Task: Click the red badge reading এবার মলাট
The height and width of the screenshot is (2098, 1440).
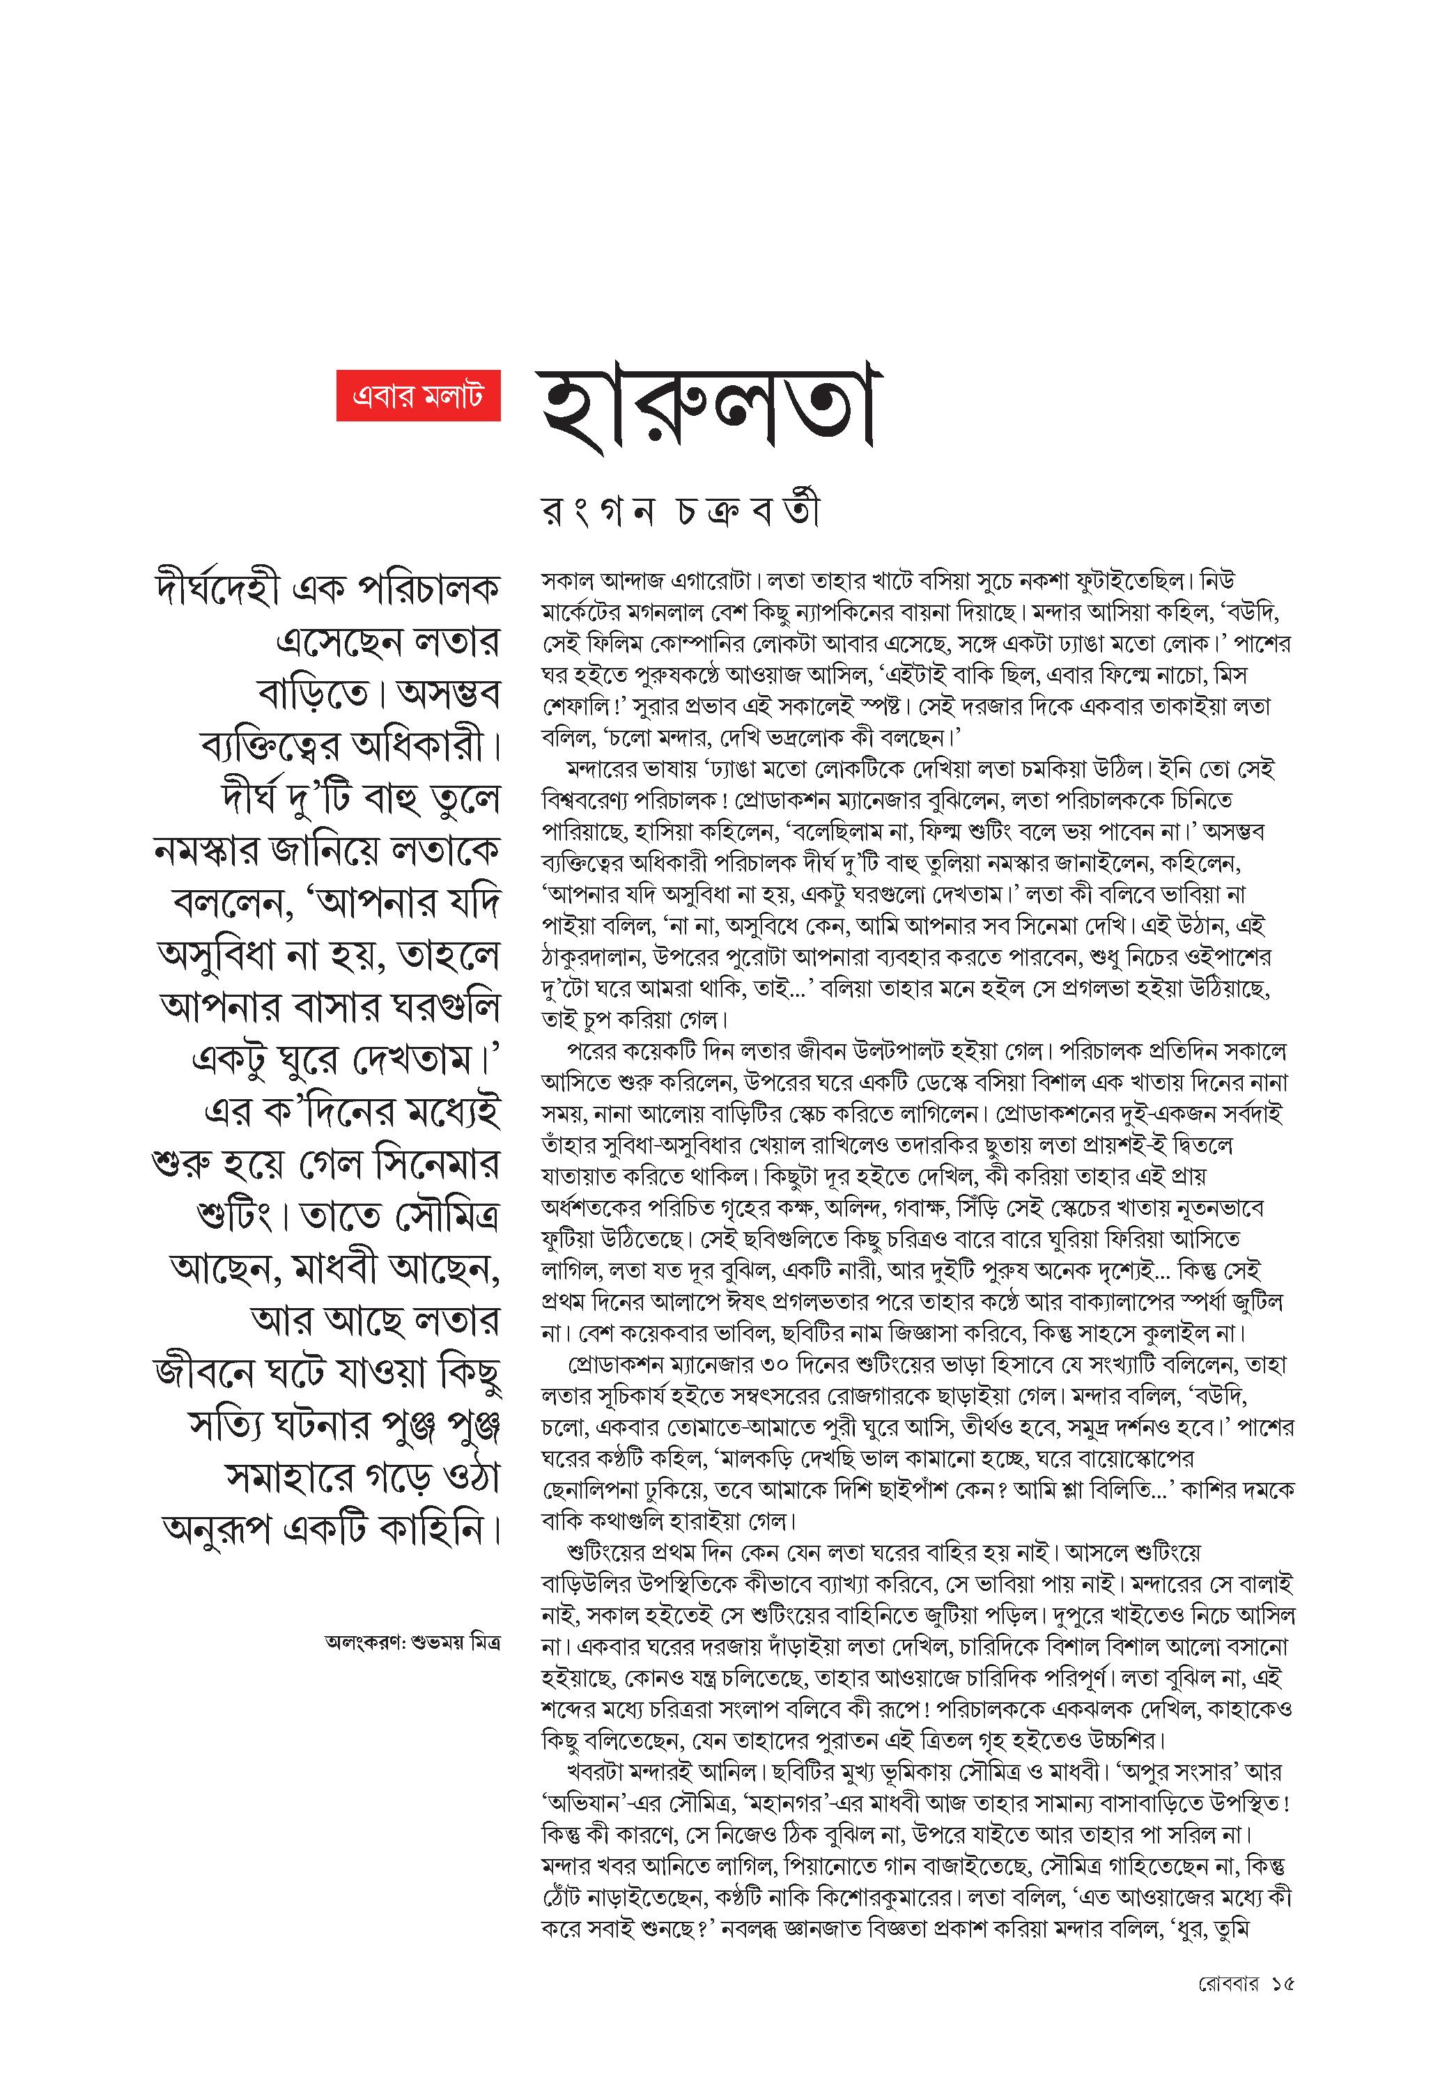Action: pyautogui.click(x=418, y=396)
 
